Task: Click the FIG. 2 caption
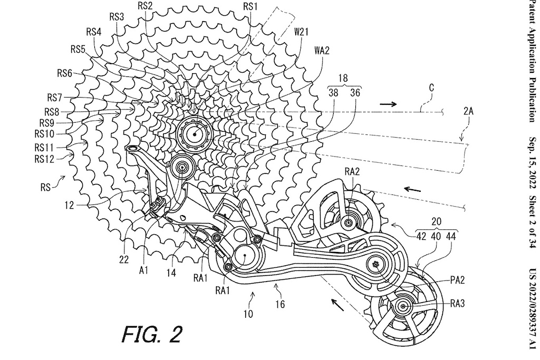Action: pyautogui.click(x=152, y=334)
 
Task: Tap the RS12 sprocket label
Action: pyautogui.click(x=44, y=159)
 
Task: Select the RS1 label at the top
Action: pyautogui.click(x=250, y=6)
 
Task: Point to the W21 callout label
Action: pyautogui.click(x=301, y=32)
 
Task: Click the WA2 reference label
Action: pyautogui.click(x=322, y=51)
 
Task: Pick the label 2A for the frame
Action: pyautogui.click(x=468, y=111)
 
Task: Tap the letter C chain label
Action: pyautogui.click(x=431, y=88)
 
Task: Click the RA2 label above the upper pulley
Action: pyautogui.click(x=352, y=171)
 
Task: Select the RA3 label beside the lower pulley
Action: pyautogui.click(x=457, y=303)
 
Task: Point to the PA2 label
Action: pyautogui.click(x=457, y=280)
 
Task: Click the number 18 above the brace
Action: pyautogui.click(x=343, y=78)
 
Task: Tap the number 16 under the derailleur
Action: pyautogui.click(x=281, y=304)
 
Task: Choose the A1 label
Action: pyautogui.click(x=144, y=270)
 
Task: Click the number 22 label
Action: pyautogui.click(x=124, y=259)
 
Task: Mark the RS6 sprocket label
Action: pyautogui.click(x=65, y=73)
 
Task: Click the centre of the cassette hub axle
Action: pyautogui.click(x=195, y=134)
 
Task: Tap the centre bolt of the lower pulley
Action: pyautogui.click(x=403, y=306)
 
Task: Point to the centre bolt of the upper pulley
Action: pyautogui.click(x=348, y=223)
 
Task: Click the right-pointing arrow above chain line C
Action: pyautogui.click(x=388, y=104)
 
